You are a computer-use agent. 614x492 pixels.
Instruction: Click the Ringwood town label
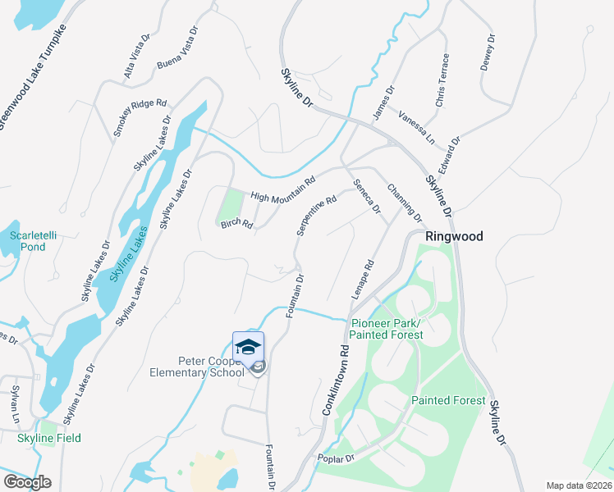453,236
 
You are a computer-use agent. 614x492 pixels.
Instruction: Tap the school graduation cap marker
248,347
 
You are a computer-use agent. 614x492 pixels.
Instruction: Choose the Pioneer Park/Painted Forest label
386,329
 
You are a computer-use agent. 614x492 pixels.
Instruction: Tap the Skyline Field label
49,438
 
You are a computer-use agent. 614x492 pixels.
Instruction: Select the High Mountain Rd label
283,189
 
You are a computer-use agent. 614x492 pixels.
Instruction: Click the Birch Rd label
236,224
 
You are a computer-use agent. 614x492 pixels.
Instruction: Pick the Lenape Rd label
367,280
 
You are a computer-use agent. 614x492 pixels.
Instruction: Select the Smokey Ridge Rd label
140,119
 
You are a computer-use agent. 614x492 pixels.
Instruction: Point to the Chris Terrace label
442,80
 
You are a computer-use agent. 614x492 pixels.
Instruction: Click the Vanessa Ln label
416,126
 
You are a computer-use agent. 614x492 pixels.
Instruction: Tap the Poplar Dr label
337,458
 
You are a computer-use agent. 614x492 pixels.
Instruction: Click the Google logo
27,481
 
